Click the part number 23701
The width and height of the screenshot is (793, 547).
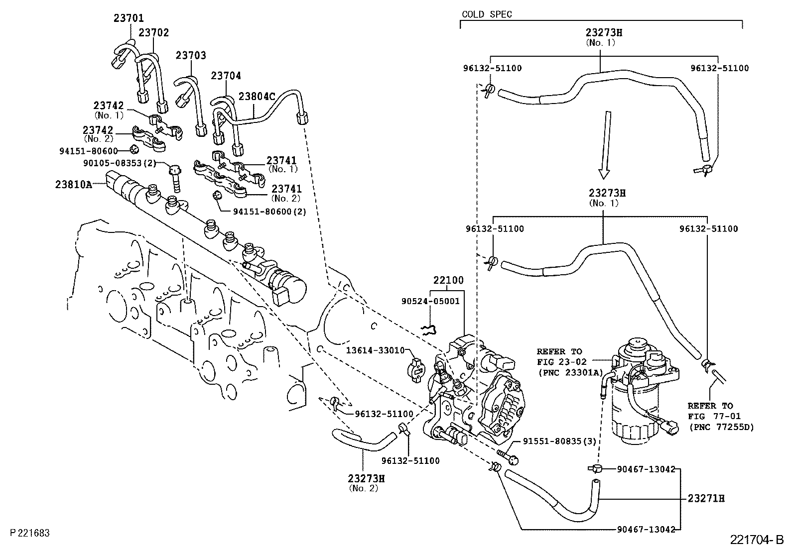(129, 18)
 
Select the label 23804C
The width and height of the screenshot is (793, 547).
(257, 96)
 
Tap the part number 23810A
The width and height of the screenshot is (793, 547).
(74, 184)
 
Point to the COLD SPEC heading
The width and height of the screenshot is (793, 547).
(487, 14)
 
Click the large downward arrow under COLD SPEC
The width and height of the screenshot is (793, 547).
(605, 145)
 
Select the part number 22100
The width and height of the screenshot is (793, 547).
(448, 280)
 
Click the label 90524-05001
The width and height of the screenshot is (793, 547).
(430, 301)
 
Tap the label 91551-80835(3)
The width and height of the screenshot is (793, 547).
(559, 441)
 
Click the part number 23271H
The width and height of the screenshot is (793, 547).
(706, 498)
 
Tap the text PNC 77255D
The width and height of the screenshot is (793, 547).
(722, 427)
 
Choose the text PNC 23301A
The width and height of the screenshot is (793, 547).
(570, 372)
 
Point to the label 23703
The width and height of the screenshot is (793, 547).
(190, 55)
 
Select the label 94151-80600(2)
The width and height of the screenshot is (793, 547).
(269, 211)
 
